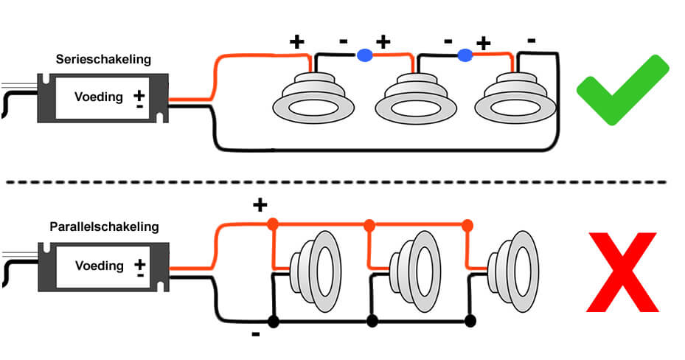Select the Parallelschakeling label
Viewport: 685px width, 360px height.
(103, 227)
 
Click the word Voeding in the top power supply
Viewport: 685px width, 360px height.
(99, 97)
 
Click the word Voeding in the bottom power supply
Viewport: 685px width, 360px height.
(99, 266)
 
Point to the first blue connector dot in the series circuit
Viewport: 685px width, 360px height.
(364, 55)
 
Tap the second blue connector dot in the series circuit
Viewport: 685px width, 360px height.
(465, 55)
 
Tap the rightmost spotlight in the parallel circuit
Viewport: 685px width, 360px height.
(513, 263)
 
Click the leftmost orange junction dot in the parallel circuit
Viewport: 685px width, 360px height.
(273, 223)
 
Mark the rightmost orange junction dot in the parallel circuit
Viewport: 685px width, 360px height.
(467, 223)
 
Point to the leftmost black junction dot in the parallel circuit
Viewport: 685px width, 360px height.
(274, 321)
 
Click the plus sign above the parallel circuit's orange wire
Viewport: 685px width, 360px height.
(260, 204)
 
